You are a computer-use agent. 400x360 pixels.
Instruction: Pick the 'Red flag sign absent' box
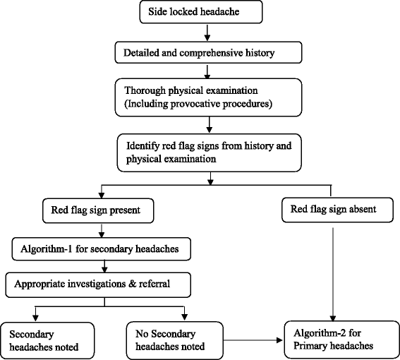coord(331,210)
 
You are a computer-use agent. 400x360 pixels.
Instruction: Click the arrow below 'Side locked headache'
coord(205,32)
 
